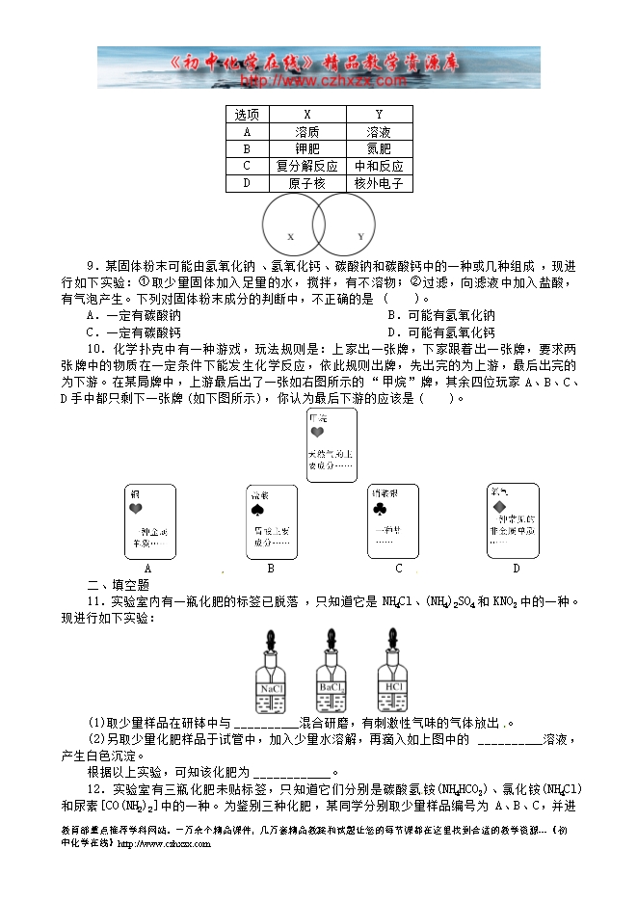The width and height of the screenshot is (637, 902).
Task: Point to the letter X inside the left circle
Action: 290,236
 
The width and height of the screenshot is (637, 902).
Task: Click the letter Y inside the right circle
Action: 360,236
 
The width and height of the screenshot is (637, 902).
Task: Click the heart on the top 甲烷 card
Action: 316,434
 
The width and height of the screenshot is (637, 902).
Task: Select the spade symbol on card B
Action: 258,509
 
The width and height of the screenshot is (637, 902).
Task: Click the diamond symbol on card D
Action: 501,504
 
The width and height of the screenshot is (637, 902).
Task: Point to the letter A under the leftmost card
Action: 148,569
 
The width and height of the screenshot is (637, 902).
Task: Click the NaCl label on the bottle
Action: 270,689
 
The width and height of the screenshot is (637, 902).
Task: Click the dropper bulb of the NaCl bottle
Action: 270,639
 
